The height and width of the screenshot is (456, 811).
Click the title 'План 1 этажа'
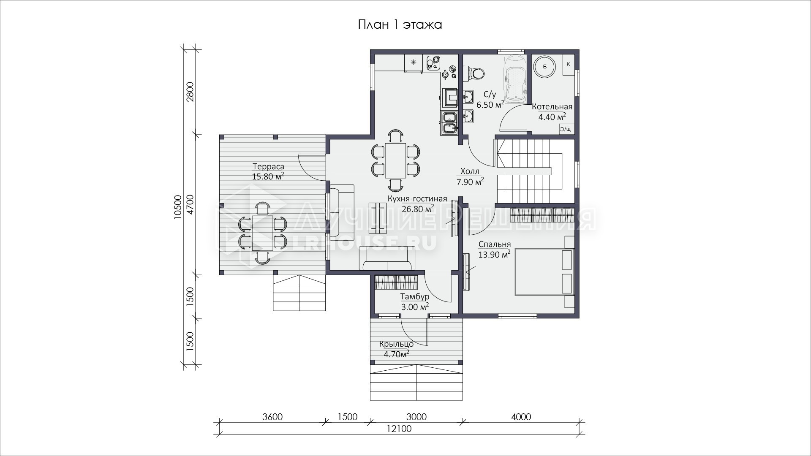point(400,25)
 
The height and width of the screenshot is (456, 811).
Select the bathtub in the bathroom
point(514,78)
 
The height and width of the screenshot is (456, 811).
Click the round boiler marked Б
point(544,66)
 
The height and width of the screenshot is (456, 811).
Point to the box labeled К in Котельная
point(568,65)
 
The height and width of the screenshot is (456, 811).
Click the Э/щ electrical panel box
point(566,129)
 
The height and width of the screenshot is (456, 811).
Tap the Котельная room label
point(552,106)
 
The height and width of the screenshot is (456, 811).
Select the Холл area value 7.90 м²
point(470,182)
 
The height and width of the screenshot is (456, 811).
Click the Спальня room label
point(494,244)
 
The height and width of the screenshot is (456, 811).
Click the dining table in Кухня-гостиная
point(395,160)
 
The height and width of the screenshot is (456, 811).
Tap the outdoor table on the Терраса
point(262,233)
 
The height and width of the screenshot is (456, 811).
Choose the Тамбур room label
point(415,297)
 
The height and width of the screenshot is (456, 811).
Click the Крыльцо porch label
point(396,344)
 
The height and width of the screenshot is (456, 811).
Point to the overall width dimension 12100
point(399,429)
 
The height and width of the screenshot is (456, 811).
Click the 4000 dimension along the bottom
point(521,417)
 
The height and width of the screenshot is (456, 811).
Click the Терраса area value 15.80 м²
point(268,176)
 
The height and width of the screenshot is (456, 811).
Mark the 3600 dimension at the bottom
point(272,417)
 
